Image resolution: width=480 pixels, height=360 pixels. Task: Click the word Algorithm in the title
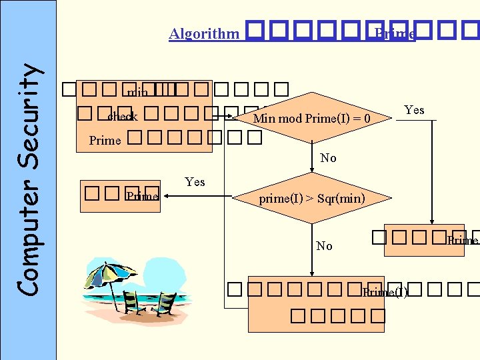coord(203,34)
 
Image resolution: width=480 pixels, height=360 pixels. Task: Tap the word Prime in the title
coord(395,34)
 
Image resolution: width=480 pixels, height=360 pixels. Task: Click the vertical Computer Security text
coord(27,179)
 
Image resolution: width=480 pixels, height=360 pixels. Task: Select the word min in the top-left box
coord(137,93)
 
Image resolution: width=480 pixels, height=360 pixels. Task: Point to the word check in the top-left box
coord(123,117)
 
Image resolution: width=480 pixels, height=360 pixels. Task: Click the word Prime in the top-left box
coord(105,141)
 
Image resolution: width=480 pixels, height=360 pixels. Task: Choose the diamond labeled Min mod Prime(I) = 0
coord(312,119)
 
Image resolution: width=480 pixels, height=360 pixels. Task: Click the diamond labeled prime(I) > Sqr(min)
coord(312,199)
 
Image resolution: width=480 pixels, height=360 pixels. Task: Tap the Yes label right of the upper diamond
coord(414,110)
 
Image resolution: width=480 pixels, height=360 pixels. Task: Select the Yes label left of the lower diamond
coord(195,182)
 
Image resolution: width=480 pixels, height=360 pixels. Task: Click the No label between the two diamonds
coord(328,158)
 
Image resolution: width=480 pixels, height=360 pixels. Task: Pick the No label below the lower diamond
coord(324,246)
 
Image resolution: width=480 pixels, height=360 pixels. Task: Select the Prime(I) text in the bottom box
coord(385,292)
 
